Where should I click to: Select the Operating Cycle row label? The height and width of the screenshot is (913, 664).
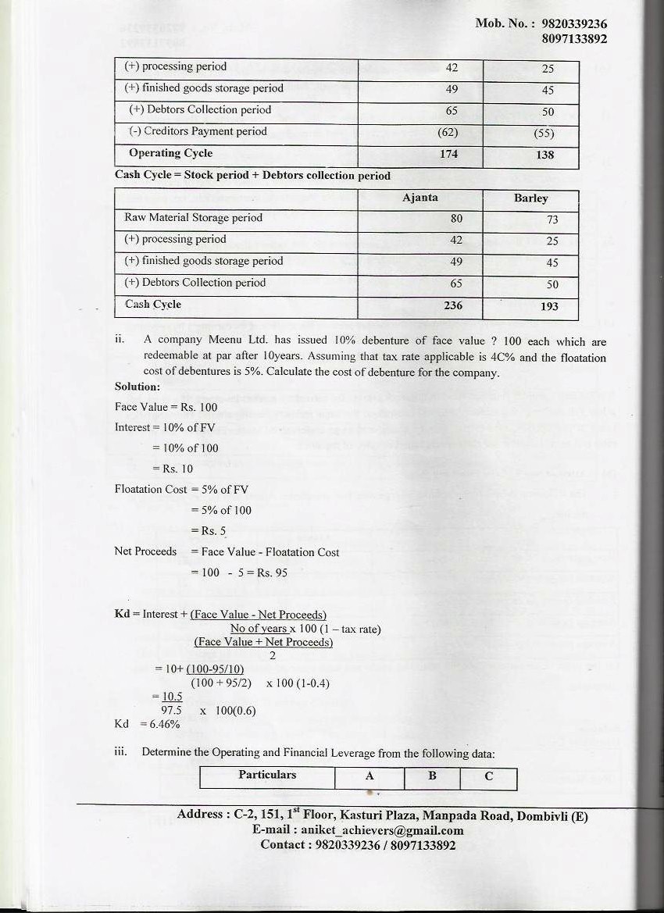pyautogui.click(x=170, y=153)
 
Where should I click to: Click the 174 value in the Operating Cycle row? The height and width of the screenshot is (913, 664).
pyautogui.click(x=448, y=154)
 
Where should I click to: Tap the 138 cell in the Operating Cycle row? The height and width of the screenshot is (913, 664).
pyautogui.click(x=545, y=155)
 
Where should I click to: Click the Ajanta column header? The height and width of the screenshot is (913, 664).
pyautogui.click(x=419, y=198)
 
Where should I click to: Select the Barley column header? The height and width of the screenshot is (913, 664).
pyautogui.click(x=530, y=198)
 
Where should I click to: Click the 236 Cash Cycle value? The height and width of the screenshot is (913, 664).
pyautogui.click(x=453, y=305)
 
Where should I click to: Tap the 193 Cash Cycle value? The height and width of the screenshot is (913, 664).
pyautogui.click(x=549, y=306)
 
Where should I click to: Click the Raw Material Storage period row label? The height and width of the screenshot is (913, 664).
pyautogui.click(x=193, y=218)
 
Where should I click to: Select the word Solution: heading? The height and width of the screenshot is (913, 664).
pyautogui.click(x=137, y=387)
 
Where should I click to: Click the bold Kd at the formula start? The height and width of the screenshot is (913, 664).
pyautogui.click(x=121, y=614)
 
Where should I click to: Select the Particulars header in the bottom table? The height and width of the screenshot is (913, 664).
pyautogui.click(x=267, y=775)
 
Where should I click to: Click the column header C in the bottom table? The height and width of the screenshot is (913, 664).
pyautogui.click(x=489, y=776)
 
